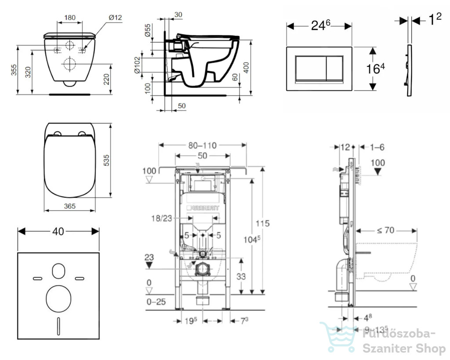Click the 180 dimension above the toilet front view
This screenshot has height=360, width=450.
70,18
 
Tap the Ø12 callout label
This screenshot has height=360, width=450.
116,18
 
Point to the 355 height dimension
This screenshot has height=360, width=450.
14,70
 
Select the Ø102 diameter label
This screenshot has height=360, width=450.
137,65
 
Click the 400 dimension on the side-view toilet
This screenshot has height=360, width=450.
246,67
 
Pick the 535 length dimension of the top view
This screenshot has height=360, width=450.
106,160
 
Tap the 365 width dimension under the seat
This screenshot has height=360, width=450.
70,206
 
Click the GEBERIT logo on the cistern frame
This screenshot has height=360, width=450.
203,208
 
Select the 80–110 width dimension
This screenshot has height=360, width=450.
202,145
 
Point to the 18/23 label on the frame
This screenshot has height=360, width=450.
162,218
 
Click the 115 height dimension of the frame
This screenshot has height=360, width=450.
263,223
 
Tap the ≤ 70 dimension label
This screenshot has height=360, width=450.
385,230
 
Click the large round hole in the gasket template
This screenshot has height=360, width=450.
58,299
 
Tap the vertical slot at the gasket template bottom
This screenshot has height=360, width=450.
58,326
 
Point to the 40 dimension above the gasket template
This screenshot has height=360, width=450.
58,231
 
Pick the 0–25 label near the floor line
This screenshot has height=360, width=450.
156,302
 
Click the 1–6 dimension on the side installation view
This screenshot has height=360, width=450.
377,147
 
